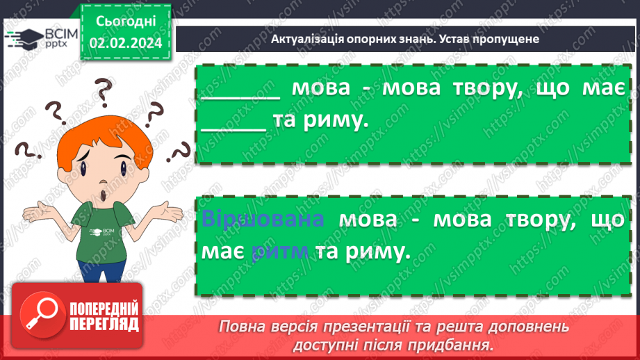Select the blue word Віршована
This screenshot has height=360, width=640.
click(x=263, y=220)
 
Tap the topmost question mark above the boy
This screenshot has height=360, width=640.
click(x=104, y=90)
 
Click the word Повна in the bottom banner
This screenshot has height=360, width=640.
click(x=240, y=327)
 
